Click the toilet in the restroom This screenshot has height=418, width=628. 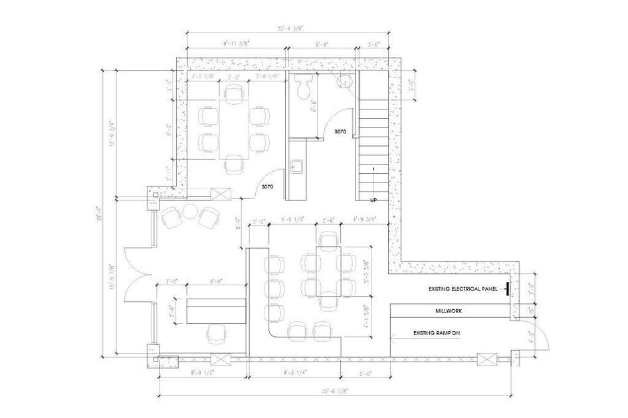click(306, 87)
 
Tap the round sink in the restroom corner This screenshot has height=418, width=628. click(346, 81)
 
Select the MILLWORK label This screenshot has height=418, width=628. click(448, 311)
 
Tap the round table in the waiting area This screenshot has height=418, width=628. click(190, 213)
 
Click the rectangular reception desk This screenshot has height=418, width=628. click(216, 311)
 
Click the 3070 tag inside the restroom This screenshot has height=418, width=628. click(341, 133)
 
